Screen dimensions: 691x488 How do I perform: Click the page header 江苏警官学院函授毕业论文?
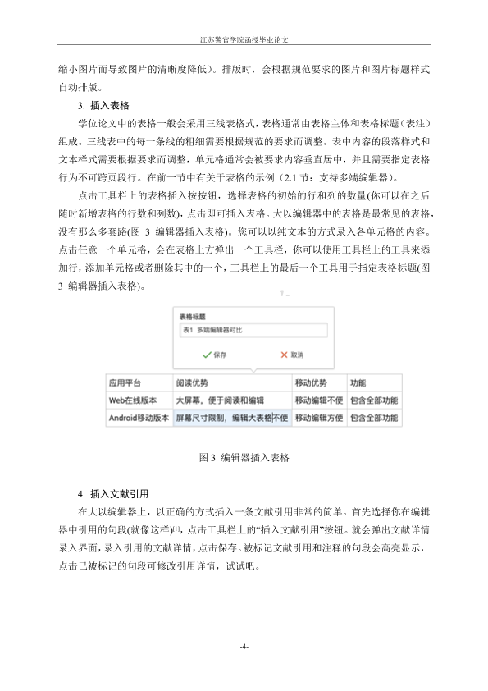point(244,39)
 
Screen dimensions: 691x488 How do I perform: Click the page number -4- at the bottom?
point(244,648)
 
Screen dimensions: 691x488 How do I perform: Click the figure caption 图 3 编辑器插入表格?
point(244,456)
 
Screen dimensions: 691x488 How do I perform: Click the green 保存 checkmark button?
point(214,355)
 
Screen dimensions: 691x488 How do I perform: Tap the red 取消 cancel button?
point(292,355)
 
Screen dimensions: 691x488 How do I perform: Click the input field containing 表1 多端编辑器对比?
point(251,331)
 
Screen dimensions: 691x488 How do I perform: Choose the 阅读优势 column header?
point(192,383)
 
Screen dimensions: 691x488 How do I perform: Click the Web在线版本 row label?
point(133,400)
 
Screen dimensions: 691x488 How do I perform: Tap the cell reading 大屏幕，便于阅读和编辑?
point(220,400)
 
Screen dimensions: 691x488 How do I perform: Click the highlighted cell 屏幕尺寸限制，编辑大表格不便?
point(232,418)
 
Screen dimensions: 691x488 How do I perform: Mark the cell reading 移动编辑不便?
point(318,400)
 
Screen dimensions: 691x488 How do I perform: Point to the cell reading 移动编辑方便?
point(318,418)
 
